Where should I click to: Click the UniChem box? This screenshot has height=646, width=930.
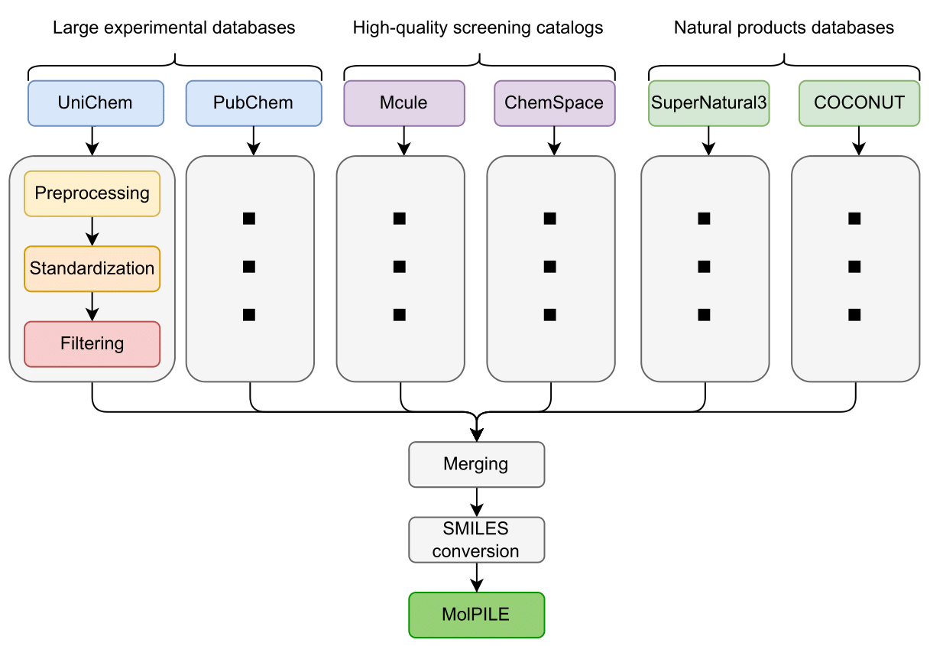pos(96,103)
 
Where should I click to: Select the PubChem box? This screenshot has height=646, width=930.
pos(253,103)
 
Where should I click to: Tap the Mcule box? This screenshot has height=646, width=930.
pos(403,103)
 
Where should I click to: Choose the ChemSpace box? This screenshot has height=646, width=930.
pos(554,103)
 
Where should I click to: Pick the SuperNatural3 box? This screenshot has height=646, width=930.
pos(708,103)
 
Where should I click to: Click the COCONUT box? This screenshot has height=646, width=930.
pos(859,103)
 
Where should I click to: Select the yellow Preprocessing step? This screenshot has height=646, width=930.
pos(92,193)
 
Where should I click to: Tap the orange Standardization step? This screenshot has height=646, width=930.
pos(92,268)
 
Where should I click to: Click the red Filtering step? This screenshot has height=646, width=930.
pos(92,344)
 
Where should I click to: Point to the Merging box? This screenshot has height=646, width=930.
pos(476,464)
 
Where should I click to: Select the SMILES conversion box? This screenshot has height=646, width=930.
pos(476,540)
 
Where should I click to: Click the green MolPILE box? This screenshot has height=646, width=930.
pos(476,615)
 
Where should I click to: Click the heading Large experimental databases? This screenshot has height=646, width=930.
pos(173,28)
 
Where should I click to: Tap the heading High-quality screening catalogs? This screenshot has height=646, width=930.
pos(478,28)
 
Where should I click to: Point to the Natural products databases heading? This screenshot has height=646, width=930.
pos(783,28)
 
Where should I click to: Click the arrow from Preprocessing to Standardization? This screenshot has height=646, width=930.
pos(92,231)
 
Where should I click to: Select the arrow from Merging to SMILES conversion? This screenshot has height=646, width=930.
pos(476,502)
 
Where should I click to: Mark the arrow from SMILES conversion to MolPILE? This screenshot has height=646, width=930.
pos(476,577)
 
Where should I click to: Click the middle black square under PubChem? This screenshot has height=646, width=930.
pos(248,267)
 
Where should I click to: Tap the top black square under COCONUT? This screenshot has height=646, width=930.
pos(854,219)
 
